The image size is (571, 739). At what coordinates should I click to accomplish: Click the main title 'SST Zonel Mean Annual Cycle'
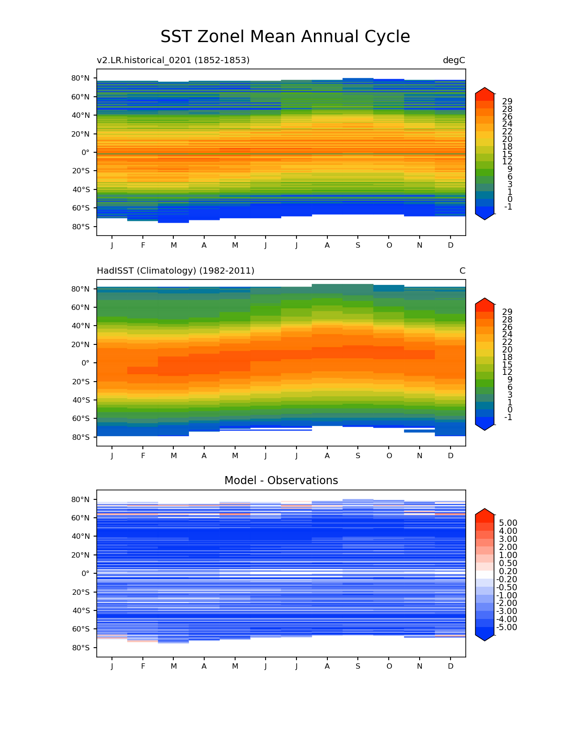285,37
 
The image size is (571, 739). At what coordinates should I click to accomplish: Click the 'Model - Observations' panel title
281,481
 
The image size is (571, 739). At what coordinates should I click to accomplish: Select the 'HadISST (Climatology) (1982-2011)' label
176,271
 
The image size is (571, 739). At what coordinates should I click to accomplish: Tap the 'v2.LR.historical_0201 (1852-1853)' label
173,60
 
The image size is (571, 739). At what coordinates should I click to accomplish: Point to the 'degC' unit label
454,60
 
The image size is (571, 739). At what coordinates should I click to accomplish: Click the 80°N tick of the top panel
81,78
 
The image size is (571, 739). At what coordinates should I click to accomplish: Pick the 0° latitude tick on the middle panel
85,363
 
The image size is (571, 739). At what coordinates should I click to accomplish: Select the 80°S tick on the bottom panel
81,648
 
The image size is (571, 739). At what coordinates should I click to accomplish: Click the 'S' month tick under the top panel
358,245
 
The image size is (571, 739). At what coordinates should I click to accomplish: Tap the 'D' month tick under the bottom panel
451,666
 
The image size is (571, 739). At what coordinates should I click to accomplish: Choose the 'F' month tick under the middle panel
143,455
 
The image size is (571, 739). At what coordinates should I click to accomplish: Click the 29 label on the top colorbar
507,101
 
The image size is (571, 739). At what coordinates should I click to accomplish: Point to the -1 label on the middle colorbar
508,417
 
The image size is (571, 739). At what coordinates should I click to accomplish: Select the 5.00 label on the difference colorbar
508,523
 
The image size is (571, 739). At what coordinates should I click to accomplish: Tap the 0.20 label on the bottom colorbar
508,571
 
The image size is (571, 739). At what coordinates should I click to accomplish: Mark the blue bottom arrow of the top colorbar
485,215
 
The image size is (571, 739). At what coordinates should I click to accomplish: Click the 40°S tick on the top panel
81,189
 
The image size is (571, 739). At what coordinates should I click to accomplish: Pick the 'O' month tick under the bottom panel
389,666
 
